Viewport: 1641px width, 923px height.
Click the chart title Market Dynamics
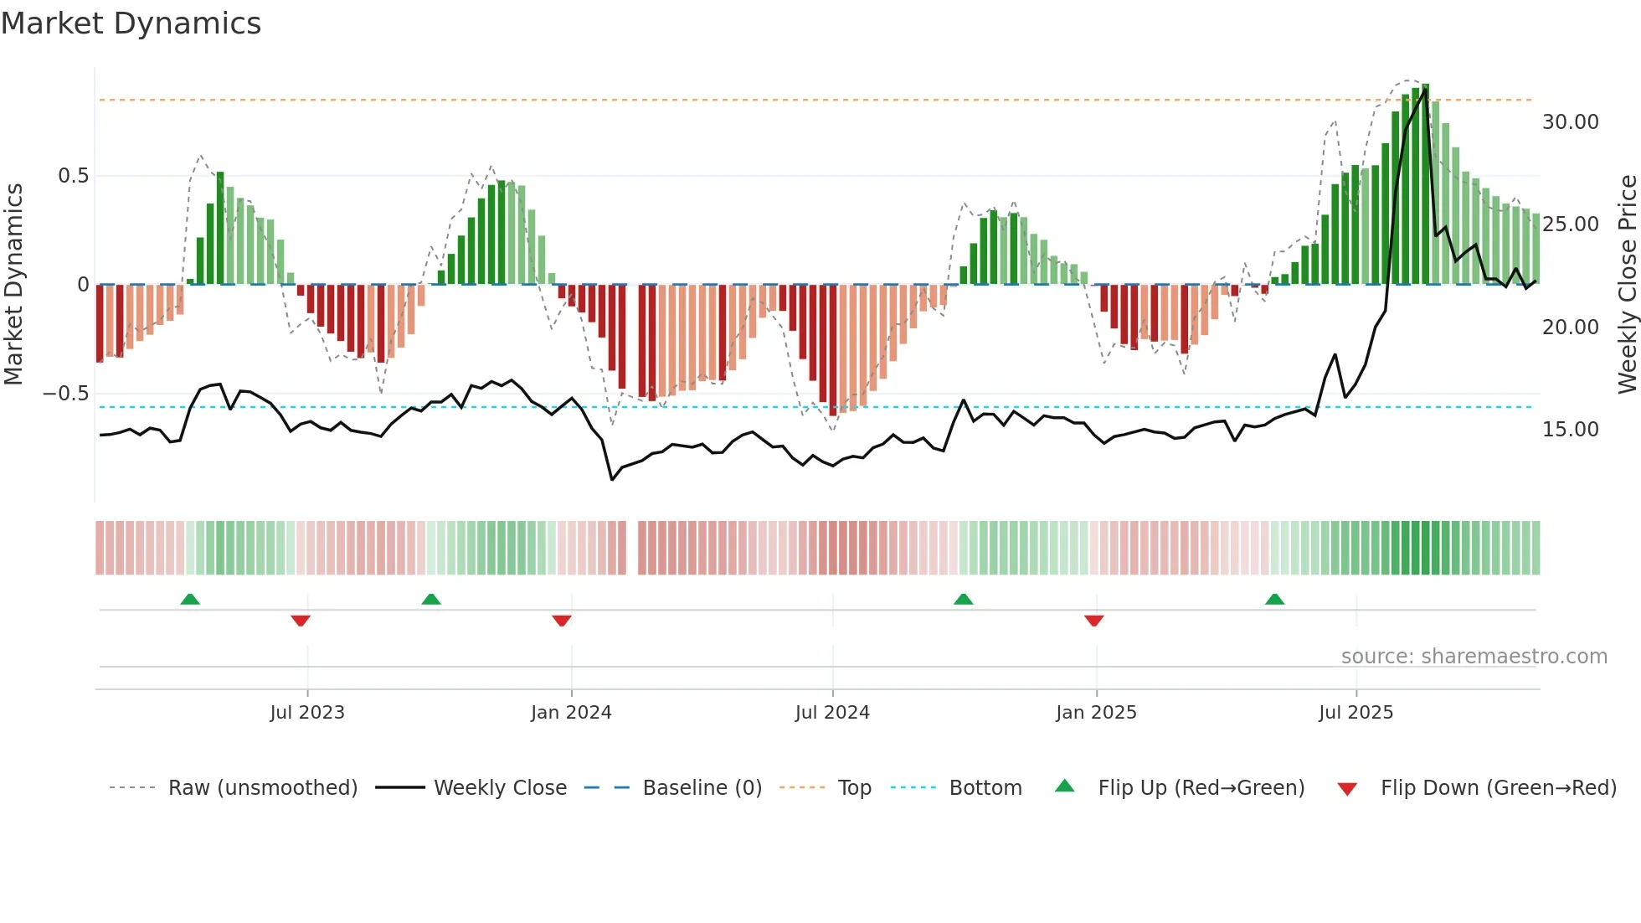coord(131,23)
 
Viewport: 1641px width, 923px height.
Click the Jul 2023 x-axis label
coord(307,713)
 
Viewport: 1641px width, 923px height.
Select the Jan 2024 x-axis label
coord(571,713)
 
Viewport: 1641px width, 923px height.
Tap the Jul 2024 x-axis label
coord(832,713)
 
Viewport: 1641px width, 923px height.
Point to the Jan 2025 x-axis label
coord(1096,713)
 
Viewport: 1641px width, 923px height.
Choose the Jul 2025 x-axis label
coord(1355,713)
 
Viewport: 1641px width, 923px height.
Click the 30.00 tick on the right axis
coord(1570,122)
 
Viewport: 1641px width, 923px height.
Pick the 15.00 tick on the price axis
coord(1570,430)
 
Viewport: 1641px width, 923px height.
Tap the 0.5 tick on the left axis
coord(73,176)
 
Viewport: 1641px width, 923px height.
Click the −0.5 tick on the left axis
coord(66,394)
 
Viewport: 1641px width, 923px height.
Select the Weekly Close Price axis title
coord(1627,285)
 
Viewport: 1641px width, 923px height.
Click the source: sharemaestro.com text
coord(1474,657)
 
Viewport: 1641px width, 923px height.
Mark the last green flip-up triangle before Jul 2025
coord(1274,600)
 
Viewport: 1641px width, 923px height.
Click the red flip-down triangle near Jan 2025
coord(1093,621)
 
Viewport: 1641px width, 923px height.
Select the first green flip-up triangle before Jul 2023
coord(190,600)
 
